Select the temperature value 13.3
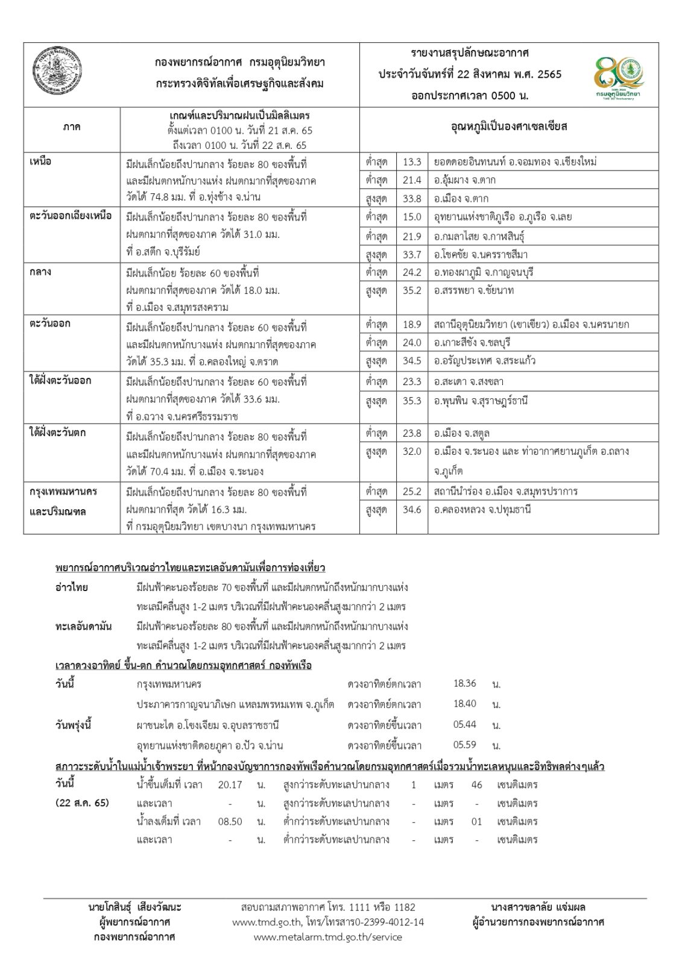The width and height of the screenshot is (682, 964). pyautogui.click(x=412, y=161)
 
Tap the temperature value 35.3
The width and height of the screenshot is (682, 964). pyautogui.click(x=412, y=401)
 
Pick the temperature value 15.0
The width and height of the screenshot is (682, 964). pyautogui.click(x=412, y=217)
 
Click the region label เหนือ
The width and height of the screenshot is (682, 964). pyautogui.click(x=40, y=161)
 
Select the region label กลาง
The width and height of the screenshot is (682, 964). pyautogui.click(x=40, y=272)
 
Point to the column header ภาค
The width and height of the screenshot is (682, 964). pyautogui.click(x=71, y=128)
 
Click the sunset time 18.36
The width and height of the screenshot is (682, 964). pyautogui.click(x=464, y=684)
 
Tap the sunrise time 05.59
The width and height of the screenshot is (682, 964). pyautogui.click(x=464, y=745)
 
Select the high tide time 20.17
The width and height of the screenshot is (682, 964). pyautogui.click(x=230, y=785)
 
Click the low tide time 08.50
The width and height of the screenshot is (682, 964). pyautogui.click(x=230, y=821)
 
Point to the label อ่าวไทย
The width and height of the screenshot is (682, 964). pyautogui.click(x=71, y=587)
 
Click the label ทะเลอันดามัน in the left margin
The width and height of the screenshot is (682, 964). pyautogui.click(x=83, y=627)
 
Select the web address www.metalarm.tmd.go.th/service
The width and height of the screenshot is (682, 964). pyautogui.click(x=327, y=937)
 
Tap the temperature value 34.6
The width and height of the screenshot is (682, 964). pyautogui.click(x=412, y=510)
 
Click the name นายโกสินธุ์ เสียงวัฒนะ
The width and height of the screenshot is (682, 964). pyautogui.click(x=134, y=907)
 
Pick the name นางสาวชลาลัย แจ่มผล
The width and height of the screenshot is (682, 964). pyautogui.click(x=538, y=907)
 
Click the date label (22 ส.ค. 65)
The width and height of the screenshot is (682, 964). pyautogui.click(x=82, y=803)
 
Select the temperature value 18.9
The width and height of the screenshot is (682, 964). pyautogui.click(x=412, y=324)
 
